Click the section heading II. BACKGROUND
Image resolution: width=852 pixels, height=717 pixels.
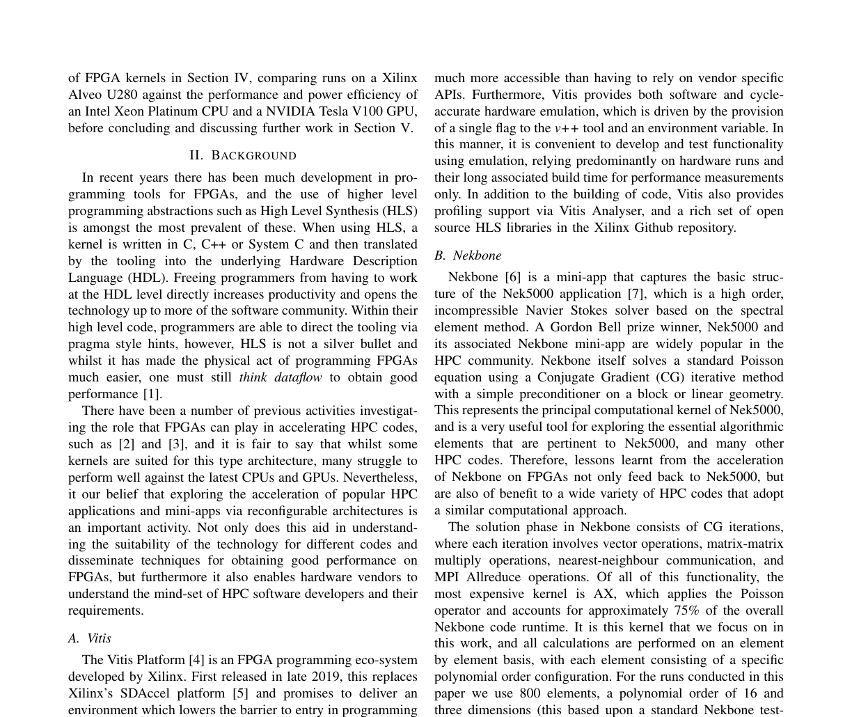(x=242, y=155)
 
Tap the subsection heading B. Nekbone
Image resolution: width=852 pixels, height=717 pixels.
(x=468, y=255)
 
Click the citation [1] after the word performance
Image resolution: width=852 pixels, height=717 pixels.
(x=152, y=394)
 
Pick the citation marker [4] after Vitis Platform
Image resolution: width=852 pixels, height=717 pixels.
(x=197, y=660)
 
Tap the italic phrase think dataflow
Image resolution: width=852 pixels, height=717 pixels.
(x=281, y=377)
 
